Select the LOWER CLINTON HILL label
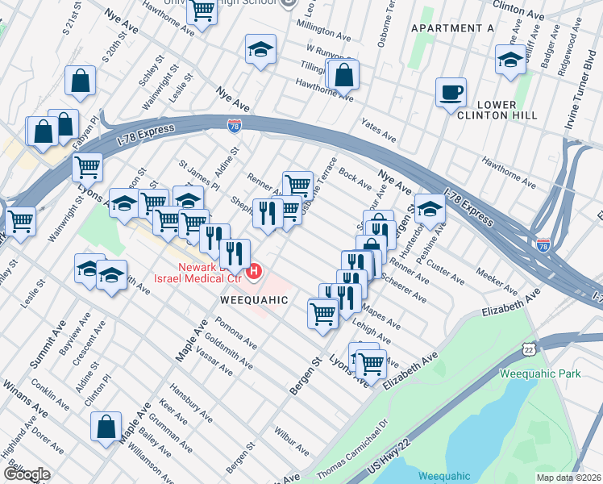(507, 111)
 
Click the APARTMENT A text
(452, 28)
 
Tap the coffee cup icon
(451, 91)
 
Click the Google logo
(26, 474)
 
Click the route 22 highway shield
(528, 347)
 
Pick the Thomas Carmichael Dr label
(352, 446)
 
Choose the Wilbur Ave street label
(291, 440)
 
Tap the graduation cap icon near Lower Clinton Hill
(510, 60)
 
